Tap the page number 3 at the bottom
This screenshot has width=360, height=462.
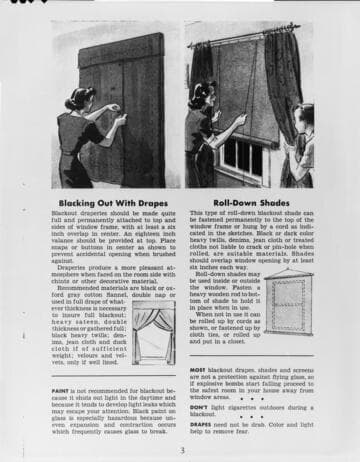click(182, 449)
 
